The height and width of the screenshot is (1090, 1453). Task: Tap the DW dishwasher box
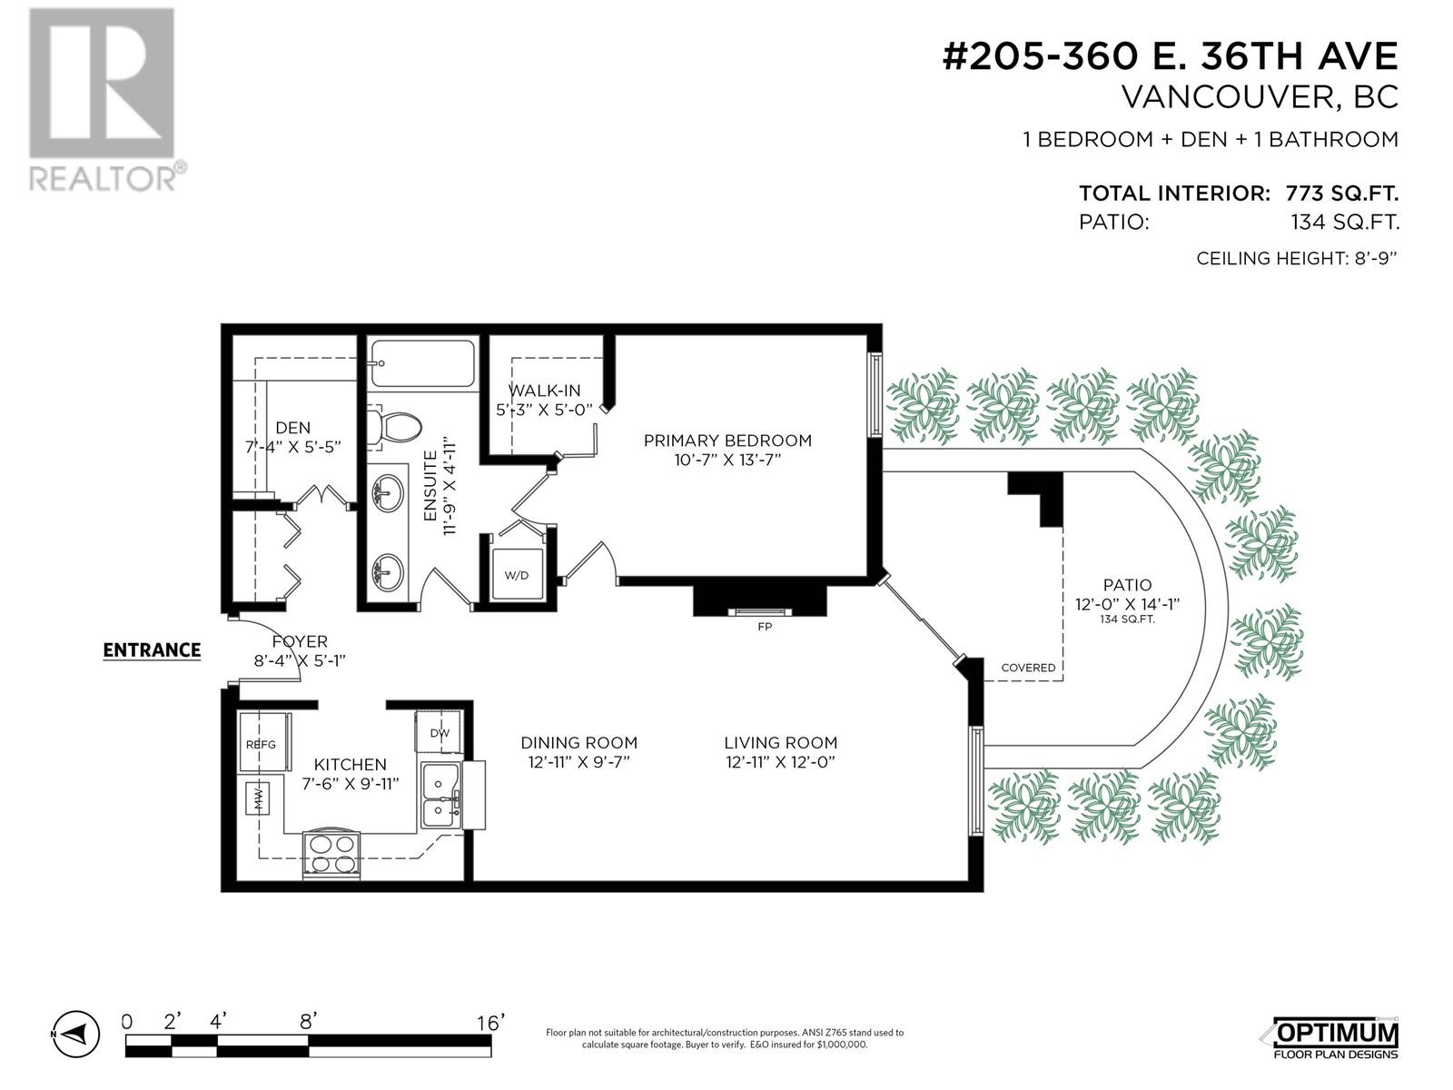coord(439,732)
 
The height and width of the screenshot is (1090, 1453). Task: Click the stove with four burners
coord(331,854)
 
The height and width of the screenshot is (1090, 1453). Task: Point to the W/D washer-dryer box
coord(517,574)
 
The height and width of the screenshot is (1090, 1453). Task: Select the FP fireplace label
coord(765,627)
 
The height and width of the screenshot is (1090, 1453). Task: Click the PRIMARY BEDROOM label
coord(727,441)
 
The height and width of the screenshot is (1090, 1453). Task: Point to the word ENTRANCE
coord(152,650)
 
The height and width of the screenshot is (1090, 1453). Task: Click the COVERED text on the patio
coord(1028,668)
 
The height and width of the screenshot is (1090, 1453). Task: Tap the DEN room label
coord(292,428)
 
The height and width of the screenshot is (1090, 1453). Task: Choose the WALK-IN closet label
coord(544,391)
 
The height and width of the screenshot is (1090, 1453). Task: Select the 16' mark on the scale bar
coord(490,1023)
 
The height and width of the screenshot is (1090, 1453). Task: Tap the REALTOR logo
coord(102,99)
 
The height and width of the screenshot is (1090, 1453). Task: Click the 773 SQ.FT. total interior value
coord(1341,193)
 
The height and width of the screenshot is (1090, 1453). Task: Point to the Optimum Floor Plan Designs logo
coord(1332,1037)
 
